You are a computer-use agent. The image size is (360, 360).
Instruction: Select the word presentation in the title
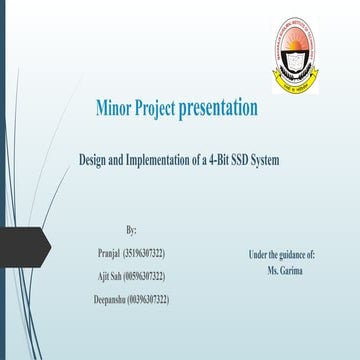tap(223, 107)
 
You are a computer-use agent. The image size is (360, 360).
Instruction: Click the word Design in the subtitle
tap(97, 159)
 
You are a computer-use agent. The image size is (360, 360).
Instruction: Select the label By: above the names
tap(131, 230)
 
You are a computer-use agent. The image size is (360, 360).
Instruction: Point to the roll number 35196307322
tap(146, 252)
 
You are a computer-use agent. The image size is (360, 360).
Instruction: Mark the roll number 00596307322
tap(149, 275)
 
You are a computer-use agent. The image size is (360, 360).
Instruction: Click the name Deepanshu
tap(109, 299)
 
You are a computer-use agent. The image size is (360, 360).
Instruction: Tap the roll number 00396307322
tap(149, 299)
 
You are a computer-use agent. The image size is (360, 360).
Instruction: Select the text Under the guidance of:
tap(282, 255)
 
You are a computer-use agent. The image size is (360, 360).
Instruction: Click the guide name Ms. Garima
tap(284, 270)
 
